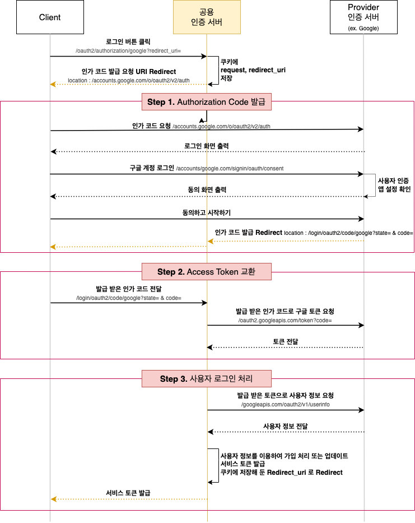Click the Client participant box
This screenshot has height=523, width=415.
pos(50,17)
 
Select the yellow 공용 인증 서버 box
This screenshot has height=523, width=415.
pos(207,17)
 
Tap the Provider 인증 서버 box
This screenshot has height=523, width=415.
pos(363,17)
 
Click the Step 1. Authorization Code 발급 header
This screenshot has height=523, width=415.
pos(207,102)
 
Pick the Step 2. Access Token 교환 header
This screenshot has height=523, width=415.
pos(207,272)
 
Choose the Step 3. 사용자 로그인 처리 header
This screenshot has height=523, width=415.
pos(207,378)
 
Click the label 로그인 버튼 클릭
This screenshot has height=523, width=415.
pos(128,42)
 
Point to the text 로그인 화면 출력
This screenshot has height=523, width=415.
pos(207,146)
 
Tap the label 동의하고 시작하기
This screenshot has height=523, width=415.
pos(207,213)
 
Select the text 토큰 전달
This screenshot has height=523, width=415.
pos(286,341)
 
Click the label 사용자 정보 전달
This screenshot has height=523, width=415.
pos(286,427)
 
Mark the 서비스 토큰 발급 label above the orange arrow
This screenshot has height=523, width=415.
pos(128,493)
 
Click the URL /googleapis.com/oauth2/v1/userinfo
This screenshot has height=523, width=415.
pos(286,404)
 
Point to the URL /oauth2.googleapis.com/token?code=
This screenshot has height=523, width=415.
pos(286,320)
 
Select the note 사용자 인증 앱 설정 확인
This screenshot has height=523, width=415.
pos(394,185)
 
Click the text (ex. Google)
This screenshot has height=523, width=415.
pos(363,28)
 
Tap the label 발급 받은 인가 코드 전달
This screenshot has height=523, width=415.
pos(128,289)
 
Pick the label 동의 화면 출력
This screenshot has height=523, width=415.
pos(207,191)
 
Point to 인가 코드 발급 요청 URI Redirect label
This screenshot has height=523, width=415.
pos(128,72)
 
